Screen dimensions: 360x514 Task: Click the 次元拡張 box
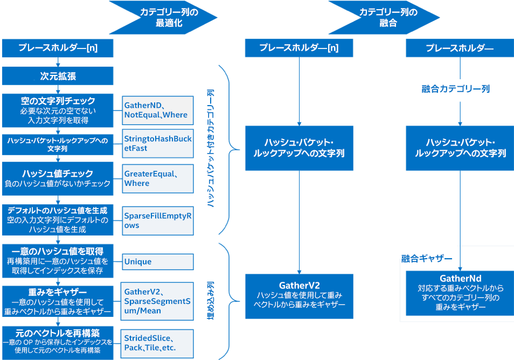58,76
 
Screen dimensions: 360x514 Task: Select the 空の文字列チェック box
58,109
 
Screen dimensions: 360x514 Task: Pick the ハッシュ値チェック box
58,178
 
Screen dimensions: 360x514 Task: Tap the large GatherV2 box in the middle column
299,295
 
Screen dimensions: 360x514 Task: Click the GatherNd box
460,293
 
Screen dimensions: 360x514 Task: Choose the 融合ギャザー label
427,259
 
